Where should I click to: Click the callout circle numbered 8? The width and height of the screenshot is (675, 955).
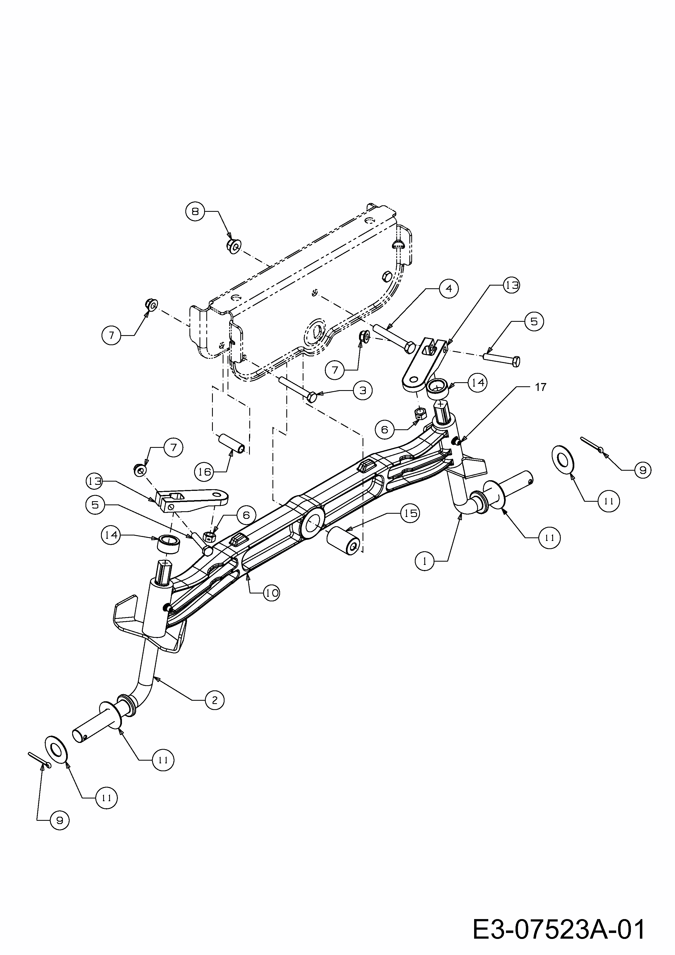(195, 211)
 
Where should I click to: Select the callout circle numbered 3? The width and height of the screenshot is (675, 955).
(363, 390)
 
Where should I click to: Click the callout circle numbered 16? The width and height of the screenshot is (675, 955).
(204, 472)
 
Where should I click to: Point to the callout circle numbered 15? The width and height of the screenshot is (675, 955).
(410, 514)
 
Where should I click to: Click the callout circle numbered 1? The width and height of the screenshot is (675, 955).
(425, 561)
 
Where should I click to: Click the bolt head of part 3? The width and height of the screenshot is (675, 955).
(311, 397)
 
